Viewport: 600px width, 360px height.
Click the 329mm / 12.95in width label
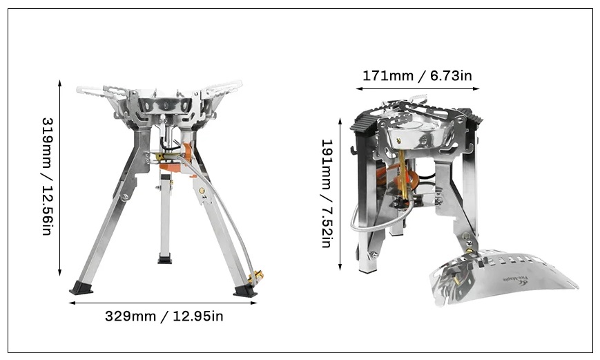(x=164, y=316)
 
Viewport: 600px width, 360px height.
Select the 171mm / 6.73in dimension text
(x=417, y=75)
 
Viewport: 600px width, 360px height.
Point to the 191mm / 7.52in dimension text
(x=327, y=193)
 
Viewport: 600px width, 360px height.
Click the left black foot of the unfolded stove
(x=81, y=287)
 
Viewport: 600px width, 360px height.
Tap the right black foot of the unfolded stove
(x=245, y=290)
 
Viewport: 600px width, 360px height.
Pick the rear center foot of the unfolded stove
(x=165, y=259)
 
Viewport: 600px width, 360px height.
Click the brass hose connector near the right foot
(x=256, y=277)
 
